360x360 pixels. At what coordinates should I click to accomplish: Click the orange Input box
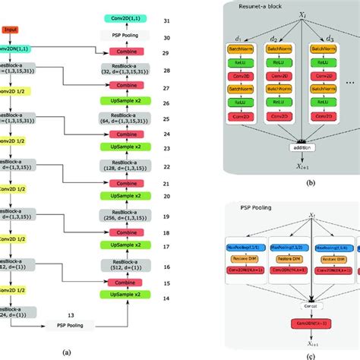pos(11,30)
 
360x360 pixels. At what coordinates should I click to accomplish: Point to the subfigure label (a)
pos(67,352)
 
